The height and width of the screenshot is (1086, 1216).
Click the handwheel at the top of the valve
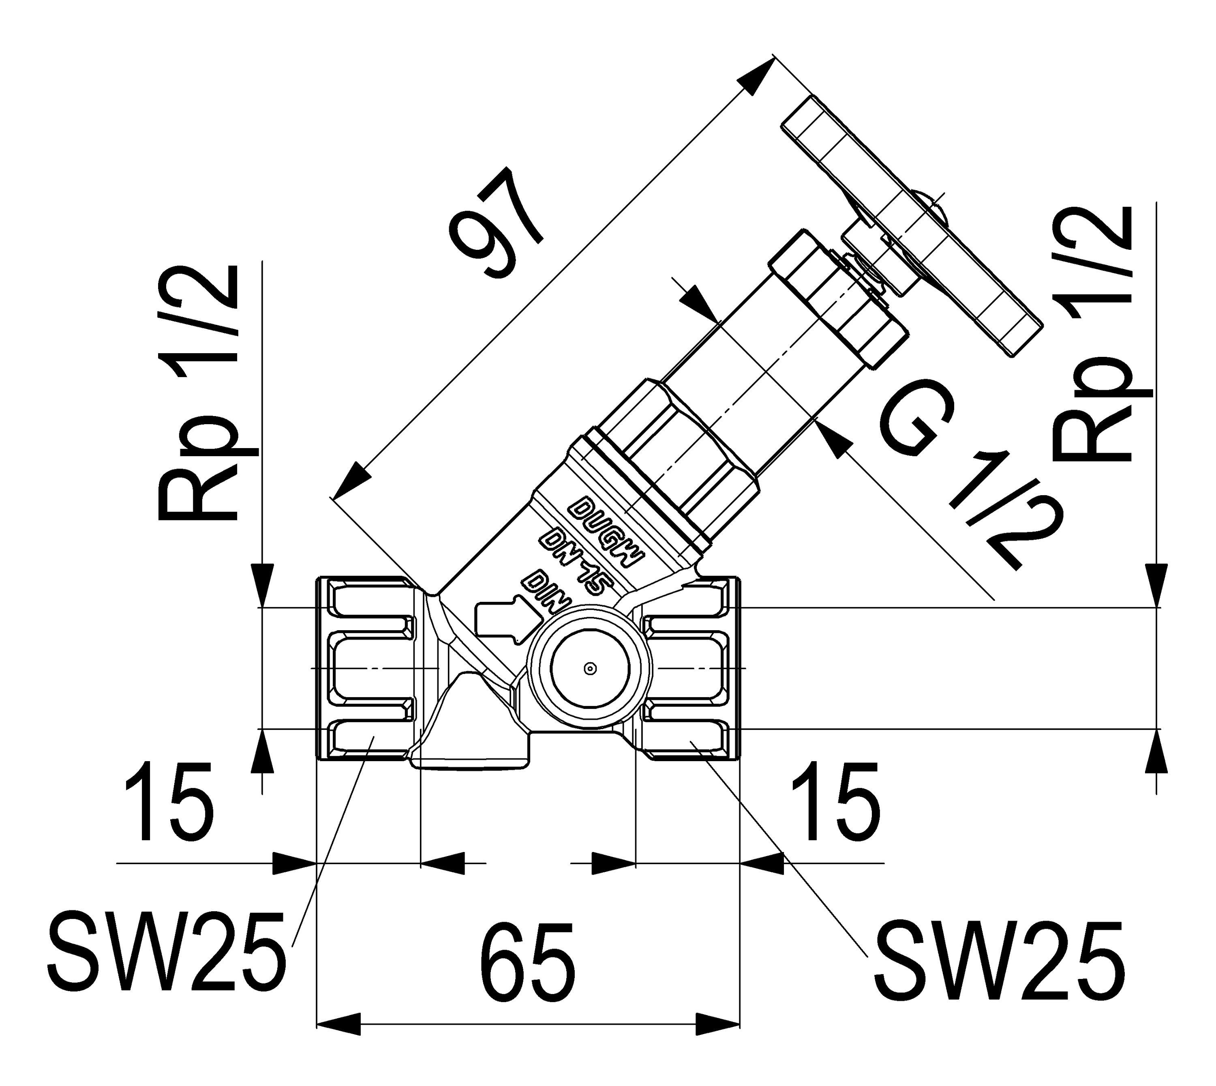[912, 227]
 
